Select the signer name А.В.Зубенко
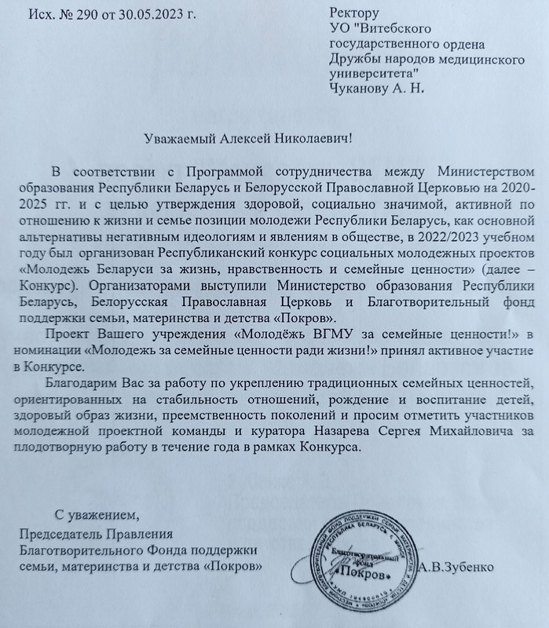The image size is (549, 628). (455, 567)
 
